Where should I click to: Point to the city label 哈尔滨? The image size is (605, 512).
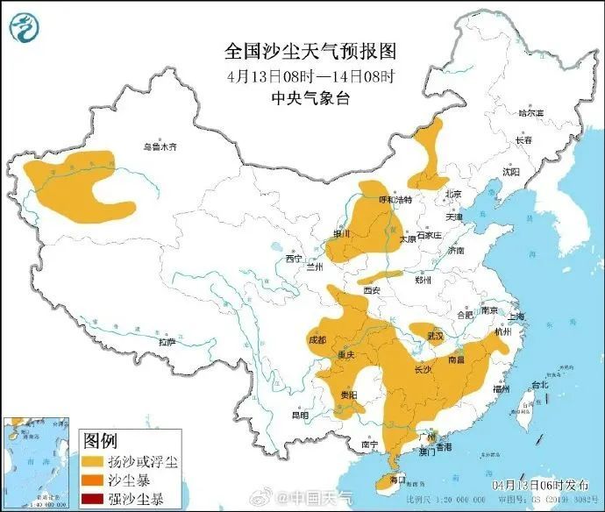[530, 113]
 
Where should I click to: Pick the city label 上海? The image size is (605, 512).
[515, 316]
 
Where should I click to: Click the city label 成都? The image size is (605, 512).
[317, 339]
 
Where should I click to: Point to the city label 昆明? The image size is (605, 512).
[301, 415]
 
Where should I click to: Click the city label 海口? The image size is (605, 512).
[396, 480]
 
